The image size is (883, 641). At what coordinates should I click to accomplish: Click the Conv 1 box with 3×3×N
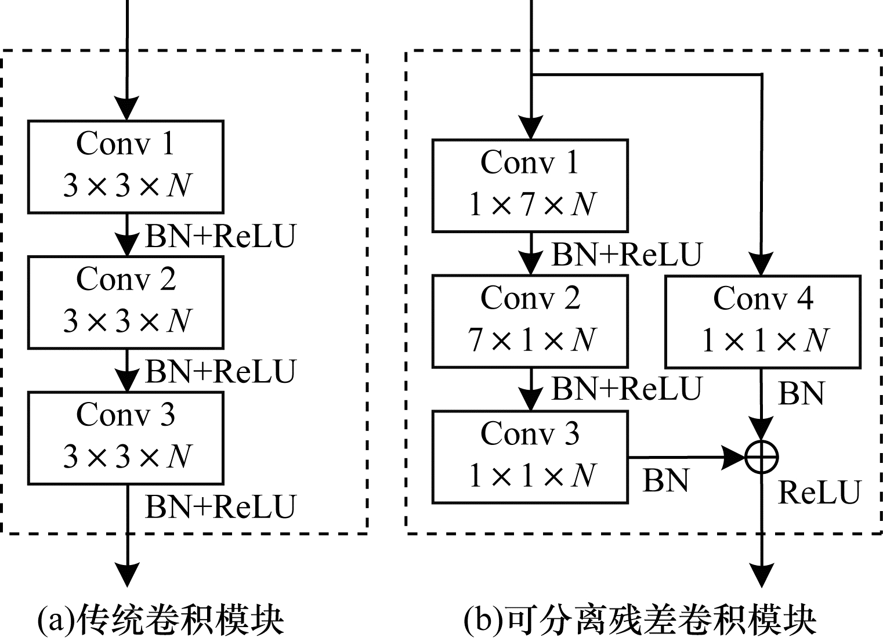tap(126, 166)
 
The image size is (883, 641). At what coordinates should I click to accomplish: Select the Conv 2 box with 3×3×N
tap(126, 302)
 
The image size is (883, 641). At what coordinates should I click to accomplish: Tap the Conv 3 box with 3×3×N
tap(126, 438)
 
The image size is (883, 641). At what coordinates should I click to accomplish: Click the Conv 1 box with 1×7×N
tap(530, 186)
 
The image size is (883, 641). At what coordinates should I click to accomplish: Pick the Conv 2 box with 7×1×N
tap(530, 321)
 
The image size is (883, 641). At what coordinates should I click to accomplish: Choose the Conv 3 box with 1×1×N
tap(530, 457)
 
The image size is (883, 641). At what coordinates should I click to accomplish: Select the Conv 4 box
tap(762, 322)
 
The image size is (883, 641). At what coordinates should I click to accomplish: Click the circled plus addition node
tap(762, 457)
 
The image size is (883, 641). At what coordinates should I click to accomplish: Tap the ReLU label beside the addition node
tap(819, 492)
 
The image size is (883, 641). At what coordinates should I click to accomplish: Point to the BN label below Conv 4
tap(801, 394)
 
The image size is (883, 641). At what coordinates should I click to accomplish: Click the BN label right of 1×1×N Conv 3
tap(665, 480)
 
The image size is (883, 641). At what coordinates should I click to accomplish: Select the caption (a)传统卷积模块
tap(160, 620)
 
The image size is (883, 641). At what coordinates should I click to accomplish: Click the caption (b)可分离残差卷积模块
tap(640, 620)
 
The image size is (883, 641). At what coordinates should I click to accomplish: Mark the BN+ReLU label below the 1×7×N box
tap(627, 254)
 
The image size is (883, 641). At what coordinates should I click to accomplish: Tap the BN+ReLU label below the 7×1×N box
tap(627, 389)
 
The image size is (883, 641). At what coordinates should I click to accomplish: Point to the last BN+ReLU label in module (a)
tap(220, 506)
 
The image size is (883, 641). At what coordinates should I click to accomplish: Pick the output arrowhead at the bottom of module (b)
tap(762, 575)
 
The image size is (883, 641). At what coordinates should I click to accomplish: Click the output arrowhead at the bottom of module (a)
tap(126, 575)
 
